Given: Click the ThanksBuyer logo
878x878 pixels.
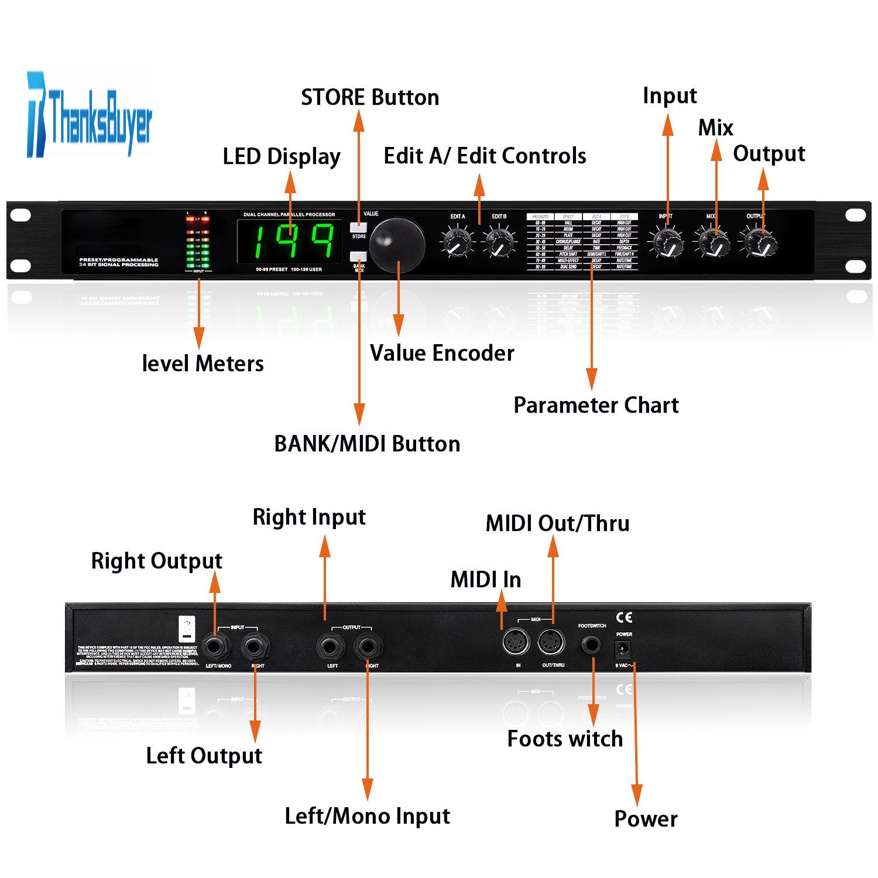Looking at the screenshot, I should click(89, 115).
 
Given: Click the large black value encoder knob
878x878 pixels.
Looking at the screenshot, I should click(397, 245).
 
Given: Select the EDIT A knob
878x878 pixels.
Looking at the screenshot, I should click(457, 243).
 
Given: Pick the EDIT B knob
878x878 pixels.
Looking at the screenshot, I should click(500, 243).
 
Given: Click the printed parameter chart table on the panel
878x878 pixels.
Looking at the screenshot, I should click(582, 242).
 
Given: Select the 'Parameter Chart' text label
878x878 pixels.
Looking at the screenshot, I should click(596, 405).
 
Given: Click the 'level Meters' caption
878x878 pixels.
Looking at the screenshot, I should click(203, 363).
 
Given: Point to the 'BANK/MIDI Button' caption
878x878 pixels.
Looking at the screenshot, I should click(367, 444).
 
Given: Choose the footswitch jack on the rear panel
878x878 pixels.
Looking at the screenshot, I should click(591, 646).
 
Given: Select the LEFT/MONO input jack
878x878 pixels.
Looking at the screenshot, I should click(217, 647).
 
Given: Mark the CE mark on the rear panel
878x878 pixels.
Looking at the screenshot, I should click(624, 618).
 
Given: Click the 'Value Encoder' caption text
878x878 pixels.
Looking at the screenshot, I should click(442, 354).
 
